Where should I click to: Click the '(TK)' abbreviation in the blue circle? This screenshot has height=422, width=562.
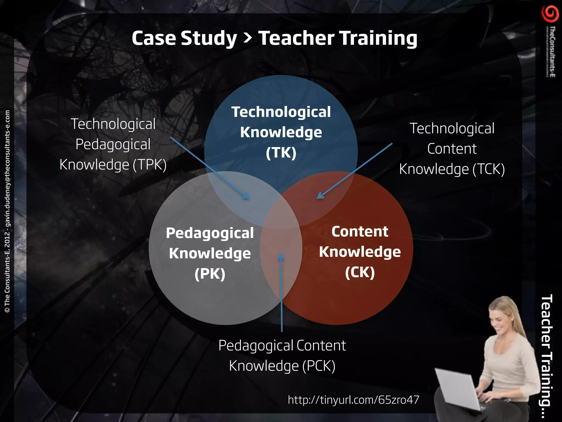click(281, 153)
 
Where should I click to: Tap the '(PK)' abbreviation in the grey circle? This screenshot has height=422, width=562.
click(210, 274)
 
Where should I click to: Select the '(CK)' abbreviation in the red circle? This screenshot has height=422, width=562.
click(360, 272)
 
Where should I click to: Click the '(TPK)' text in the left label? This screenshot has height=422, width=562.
click(150, 165)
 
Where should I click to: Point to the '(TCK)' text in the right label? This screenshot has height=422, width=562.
click(488, 169)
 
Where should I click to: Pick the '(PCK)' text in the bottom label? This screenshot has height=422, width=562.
click(319, 366)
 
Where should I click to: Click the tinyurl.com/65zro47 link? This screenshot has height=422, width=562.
click(353, 400)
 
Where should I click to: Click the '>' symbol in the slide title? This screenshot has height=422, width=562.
click(248, 38)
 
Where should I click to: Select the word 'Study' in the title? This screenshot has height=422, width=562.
click(209, 38)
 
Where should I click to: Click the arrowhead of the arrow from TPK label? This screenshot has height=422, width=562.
click(247, 196)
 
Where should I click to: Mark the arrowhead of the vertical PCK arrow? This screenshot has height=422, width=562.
click(281, 256)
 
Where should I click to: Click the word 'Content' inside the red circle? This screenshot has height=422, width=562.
click(360, 232)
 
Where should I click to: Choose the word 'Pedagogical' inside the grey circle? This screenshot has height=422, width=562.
click(210, 233)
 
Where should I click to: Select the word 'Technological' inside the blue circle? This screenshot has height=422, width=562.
click(281, 112)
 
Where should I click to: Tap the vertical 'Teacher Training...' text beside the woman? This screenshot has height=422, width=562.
click(546, 350)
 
